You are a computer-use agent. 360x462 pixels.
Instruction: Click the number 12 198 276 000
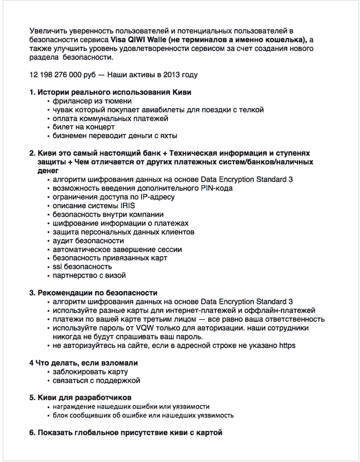58,75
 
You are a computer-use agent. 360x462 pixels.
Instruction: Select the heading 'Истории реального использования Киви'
114,92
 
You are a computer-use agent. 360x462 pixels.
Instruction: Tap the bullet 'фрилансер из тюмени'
92,101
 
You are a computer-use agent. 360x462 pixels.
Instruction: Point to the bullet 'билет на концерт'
84,127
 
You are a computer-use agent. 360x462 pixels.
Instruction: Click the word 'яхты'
168,136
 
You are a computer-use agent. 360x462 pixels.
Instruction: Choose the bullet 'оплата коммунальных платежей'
110,118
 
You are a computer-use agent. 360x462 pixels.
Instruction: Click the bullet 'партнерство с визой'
90,275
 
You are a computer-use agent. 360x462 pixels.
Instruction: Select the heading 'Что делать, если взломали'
87,363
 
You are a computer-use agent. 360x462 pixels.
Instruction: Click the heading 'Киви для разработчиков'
84,397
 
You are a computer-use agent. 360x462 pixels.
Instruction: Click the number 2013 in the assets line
170,75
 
